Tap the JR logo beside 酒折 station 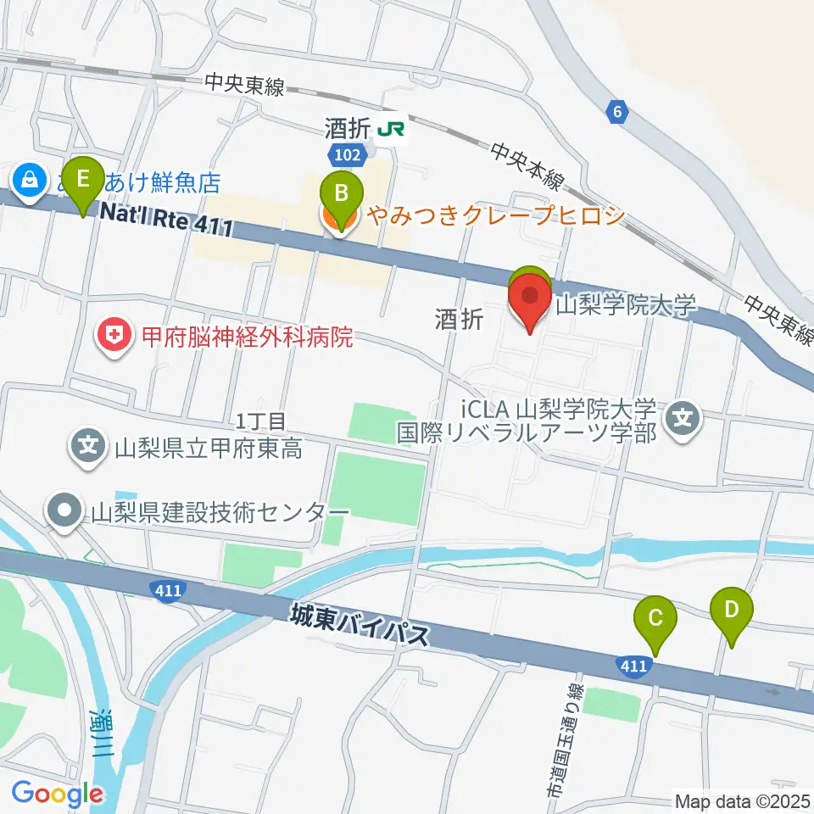pyautogui.click(x=391, y=129)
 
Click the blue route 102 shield pyautogui.click(x=348, y=153)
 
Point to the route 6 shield pyautogui.click(x=618, y=110)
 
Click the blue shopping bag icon pyautogui.click(x=30, y=181)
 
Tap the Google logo pyautogui.click(x=58, y=794)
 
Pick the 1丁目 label pyautogui.click(x=263, y=421)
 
